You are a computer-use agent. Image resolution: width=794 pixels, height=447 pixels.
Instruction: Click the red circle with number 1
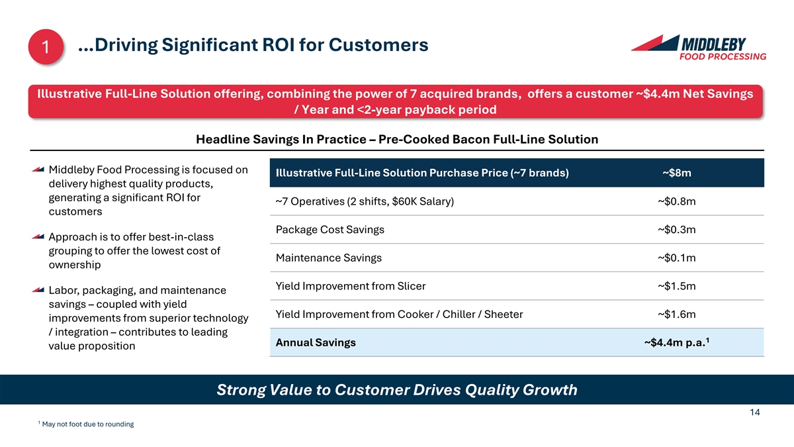pyautogui.click(x=46, y=47)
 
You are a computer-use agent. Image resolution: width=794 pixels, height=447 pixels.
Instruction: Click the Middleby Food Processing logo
pyautogui.click(x=699, y=48)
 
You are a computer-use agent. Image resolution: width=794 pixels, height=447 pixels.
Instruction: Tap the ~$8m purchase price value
pyautogui.click(x=677, y=173)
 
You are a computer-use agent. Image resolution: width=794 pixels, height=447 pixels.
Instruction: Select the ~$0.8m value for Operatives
pyautogui.click(x=677, y=201)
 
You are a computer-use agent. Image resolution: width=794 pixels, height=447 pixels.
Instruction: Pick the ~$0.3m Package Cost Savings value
pyautogui.click(x=677, y=230)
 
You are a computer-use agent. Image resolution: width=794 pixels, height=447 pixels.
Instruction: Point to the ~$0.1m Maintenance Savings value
pyautogui.click(x=677, y=258)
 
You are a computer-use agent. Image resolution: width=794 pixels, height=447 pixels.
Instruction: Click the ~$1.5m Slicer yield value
pyautogui.click(x=677, y=286)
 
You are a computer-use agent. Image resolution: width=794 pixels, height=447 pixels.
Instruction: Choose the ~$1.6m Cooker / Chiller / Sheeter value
pyautogui.click(x=677, y=315)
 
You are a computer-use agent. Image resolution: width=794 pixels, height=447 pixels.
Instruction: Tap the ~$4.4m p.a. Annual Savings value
pyautogui.click(x=677, y=342)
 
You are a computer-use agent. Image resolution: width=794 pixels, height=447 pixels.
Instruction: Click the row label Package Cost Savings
pyautogui.click(x=330, y=230)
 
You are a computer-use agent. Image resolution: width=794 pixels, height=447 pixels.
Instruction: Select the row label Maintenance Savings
pyautogui.click(x=329, y=258)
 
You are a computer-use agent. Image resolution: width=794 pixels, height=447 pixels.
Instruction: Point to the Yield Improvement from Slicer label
pyautogui.click(x=351, y=286)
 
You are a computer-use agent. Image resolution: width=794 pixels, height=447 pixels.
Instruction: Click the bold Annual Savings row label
pyautogui.click(x=316, y=343)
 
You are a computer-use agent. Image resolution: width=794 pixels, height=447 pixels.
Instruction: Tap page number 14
pyautogui.click(x=755, y=412)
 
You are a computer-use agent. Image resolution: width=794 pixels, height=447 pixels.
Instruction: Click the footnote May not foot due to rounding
pyautogui.click(x=88, y=424)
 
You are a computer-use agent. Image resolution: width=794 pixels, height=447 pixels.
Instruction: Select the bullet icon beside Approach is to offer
pyautogui.click(x=38, y=236)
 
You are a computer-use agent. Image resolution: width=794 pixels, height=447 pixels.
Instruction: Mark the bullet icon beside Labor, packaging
pyautogui.click(x=38, y=290)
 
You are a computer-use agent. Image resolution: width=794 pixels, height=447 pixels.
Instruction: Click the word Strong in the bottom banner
pyautogui.click(x=241, y=390)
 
